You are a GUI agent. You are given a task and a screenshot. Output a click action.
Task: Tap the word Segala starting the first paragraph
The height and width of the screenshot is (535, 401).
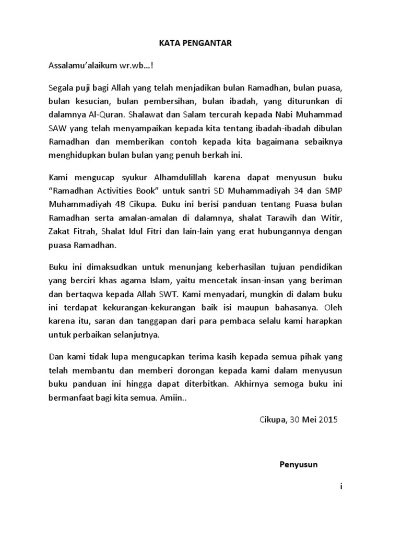pos(62,86)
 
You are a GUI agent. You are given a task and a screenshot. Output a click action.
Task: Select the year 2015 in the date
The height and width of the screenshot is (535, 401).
pos(329,420)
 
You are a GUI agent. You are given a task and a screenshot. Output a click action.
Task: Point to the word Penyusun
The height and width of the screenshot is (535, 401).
pos(298,463)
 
